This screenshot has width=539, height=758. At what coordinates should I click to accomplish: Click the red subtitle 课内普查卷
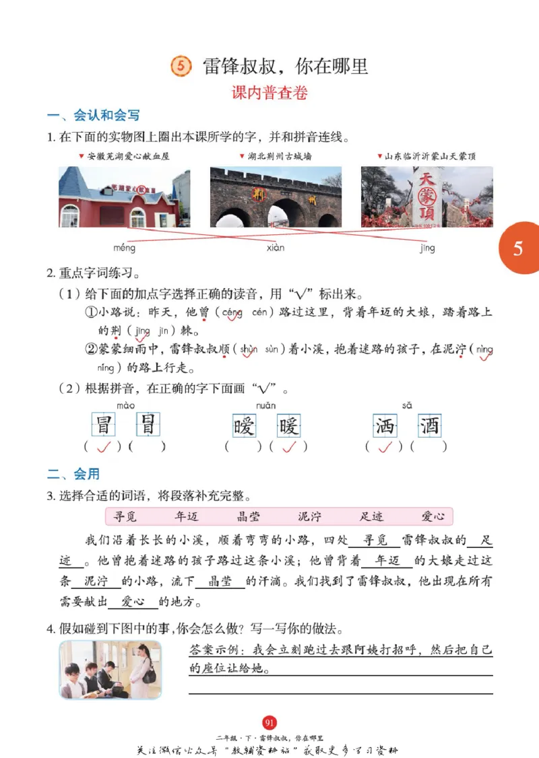point(269,93)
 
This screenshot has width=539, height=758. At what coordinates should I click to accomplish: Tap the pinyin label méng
point(124,248)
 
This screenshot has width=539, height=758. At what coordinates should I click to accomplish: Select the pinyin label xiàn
point(275,248)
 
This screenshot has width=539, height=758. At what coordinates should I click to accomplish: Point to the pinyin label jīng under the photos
point(427,248)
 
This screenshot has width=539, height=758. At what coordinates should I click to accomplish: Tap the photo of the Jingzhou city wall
point(276,197)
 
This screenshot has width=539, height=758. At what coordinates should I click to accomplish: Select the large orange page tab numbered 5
point(518,248)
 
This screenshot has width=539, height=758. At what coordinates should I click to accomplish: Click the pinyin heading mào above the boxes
point(125,405)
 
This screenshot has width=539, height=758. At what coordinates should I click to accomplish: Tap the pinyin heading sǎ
point(407,405)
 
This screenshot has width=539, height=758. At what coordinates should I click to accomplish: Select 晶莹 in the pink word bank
point(249,516)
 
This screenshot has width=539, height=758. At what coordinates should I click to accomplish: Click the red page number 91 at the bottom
point(269,723)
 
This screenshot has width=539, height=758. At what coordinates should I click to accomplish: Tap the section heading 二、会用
point(73,475)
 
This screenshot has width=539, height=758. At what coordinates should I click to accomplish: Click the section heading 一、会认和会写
point(93,115)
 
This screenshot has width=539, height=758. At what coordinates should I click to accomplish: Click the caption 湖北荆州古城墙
point(278,156)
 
